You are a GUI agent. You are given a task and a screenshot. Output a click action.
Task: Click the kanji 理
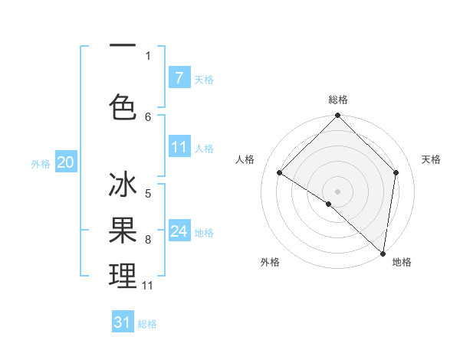click(123, 275)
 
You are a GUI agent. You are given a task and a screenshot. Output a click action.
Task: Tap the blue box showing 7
click(179, 77)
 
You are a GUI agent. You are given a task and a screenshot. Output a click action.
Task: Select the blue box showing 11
click(179, 147)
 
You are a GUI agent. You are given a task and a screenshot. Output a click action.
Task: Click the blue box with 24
click(179, 231)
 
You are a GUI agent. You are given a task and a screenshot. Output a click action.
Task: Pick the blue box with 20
click(65, 162)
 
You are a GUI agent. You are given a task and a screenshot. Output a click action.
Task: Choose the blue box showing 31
click(122, 322)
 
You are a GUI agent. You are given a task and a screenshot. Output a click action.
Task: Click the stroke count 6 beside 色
click(148, 117)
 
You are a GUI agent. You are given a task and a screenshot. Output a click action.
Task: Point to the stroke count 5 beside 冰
click(148, 194)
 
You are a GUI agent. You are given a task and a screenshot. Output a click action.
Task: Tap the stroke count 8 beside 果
click(148, 240)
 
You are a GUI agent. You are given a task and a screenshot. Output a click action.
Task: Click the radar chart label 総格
click(337, 100)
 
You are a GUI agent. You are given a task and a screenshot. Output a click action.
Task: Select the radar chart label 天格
click(432, 159)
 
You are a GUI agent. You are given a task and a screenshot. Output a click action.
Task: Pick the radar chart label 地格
click(402, 262)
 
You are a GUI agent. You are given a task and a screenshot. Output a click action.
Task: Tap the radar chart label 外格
click(270, 262)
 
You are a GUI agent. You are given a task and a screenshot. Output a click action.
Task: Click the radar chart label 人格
click(245, 159)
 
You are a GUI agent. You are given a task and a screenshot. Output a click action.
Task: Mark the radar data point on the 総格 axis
click(337, 116)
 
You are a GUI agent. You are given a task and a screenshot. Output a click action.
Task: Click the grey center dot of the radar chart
click(337, 191)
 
